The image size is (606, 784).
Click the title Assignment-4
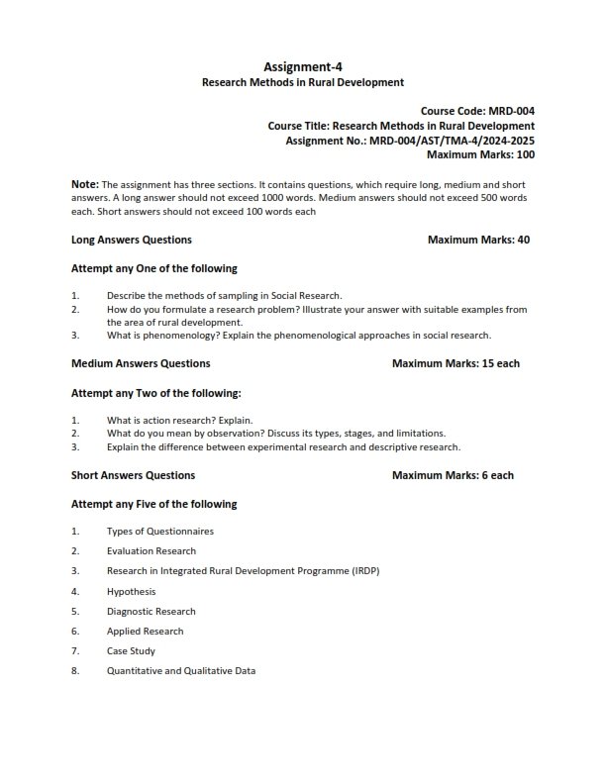(303, 67)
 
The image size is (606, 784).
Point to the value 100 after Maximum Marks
(525, 154)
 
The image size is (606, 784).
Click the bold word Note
(84, 185)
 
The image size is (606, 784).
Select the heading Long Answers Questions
(132, 240)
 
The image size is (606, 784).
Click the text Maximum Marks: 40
(478, 240)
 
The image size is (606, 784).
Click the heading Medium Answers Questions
(141, 363)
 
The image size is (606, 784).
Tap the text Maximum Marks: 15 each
(455, 363)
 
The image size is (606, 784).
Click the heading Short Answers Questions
(134, 475)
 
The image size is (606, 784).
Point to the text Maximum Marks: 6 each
(453, 475)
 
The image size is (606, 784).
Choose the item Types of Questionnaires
(160, 531)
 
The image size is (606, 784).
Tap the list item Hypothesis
(132, 591)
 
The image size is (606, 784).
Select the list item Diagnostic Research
(151, 611)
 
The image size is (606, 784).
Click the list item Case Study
(131, 651)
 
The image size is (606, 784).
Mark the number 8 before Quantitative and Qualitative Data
(74, 671)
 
